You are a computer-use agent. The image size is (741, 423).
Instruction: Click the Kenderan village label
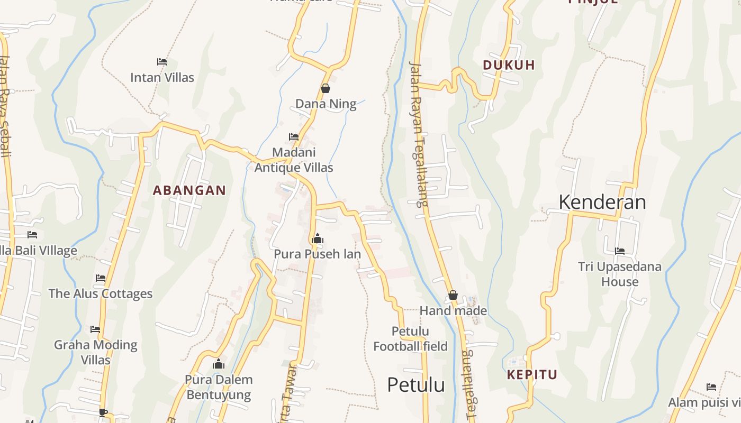click(602, 202)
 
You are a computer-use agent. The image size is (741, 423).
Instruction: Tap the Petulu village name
click(415, 384)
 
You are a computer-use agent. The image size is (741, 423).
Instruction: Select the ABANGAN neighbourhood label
click(189, 190)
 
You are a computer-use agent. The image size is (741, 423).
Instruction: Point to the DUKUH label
click(509, 65)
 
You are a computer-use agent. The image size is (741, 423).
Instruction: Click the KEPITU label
click(532, 375)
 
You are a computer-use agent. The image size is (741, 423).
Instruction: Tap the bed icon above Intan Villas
click(162, 62)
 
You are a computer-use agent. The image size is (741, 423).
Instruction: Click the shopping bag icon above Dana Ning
click(326, 88)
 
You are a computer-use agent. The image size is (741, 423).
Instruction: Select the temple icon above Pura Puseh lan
click(318, 239)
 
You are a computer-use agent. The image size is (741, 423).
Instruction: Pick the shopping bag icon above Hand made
click(453, 295)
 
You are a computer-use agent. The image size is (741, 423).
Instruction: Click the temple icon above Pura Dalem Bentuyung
click(219, 364)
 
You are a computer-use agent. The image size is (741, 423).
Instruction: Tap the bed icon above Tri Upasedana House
click(620, 251)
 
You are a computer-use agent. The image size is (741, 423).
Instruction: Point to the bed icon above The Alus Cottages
click(101, 278)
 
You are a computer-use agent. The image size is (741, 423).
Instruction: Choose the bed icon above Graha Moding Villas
click(95, 329)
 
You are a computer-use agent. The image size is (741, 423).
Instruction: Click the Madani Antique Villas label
click(294, 160)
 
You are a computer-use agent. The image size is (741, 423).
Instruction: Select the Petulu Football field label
click(410, 339)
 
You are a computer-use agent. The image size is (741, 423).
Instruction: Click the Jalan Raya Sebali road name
click(5, 106)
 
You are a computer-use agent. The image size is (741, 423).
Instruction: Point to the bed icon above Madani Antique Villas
click(294, 137)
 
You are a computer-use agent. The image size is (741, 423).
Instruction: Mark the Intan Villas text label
click(162, 77)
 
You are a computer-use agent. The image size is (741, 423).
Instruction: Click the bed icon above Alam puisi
click(711, 387)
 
